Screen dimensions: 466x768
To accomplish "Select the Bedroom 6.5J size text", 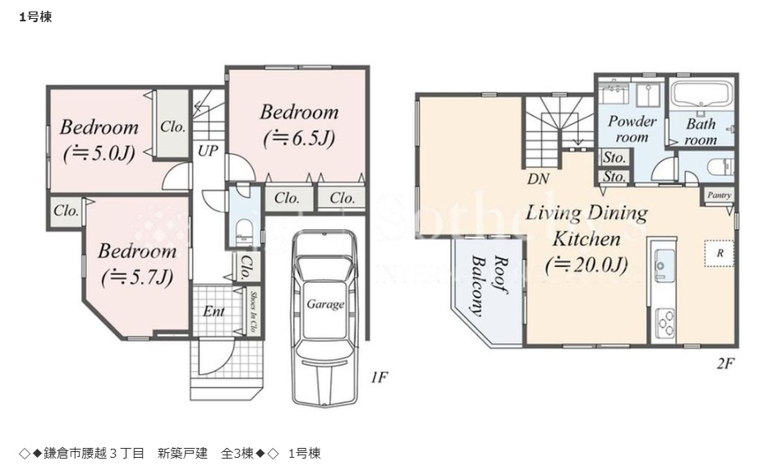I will coord(298,138).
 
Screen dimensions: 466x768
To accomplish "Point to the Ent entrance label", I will coord(214,311).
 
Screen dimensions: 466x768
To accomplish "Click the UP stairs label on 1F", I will coord(208,151).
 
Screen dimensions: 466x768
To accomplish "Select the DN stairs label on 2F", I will coord(539,178).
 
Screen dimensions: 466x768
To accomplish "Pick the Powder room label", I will coord(632,128).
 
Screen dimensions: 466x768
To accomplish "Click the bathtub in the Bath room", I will coord(701,95).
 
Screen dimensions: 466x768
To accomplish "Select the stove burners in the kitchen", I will coord(665,320).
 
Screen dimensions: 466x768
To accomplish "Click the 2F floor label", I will coord(724,362).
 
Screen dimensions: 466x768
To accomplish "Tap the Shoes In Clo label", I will coord(254,311).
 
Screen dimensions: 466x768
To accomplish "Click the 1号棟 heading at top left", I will coord(35,16).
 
